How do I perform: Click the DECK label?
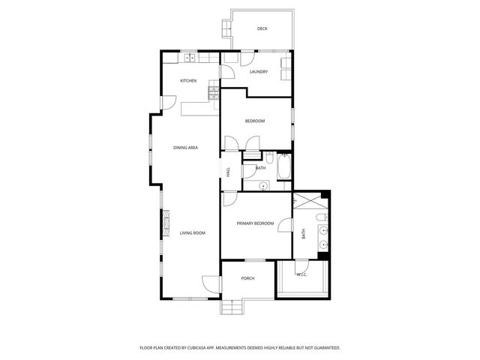(262, 28)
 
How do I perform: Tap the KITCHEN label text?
(188, 80)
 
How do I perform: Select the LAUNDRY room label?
(259, 72)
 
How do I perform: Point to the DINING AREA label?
(185, 148)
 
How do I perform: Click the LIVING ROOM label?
(192, 233)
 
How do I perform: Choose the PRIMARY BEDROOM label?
(255, 223)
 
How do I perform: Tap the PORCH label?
(247, 278)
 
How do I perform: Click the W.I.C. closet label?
(301, 274)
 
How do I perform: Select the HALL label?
(228, 171)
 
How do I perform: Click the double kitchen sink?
(190, 58)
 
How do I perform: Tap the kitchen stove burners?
(214, 93)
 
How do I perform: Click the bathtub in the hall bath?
(284, 166)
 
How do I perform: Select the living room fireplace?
(166, 222)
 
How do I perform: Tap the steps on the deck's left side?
(226, 28)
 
